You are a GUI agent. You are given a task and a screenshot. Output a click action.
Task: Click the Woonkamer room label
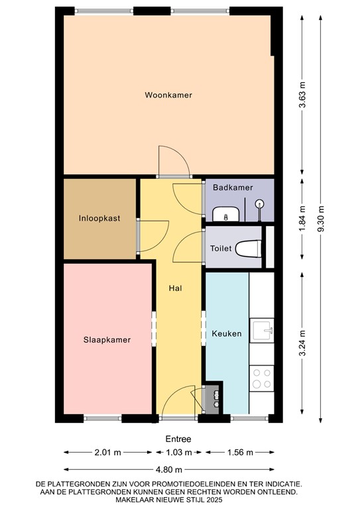[168, 95]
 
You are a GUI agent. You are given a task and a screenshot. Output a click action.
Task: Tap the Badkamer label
[233, 188]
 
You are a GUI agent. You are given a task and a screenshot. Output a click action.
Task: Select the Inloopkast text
[99, 217]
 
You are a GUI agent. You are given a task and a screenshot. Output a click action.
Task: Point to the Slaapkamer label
[107, 339]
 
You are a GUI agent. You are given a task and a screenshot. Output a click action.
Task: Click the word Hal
[176, 288]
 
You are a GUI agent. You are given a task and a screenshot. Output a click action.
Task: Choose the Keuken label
[226, 333]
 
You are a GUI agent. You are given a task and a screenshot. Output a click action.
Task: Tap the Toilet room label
[220, 249]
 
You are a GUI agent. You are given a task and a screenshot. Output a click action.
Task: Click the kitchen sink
[263, 329]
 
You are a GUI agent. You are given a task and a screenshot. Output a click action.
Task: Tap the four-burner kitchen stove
[261, 378]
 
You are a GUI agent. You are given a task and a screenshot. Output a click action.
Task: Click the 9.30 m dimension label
[322, 218]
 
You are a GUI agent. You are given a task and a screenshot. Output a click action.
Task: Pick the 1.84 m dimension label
[303, 218]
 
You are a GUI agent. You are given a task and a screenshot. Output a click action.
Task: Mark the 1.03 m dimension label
[178, 453]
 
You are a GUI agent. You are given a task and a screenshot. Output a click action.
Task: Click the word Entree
[178, 439]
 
